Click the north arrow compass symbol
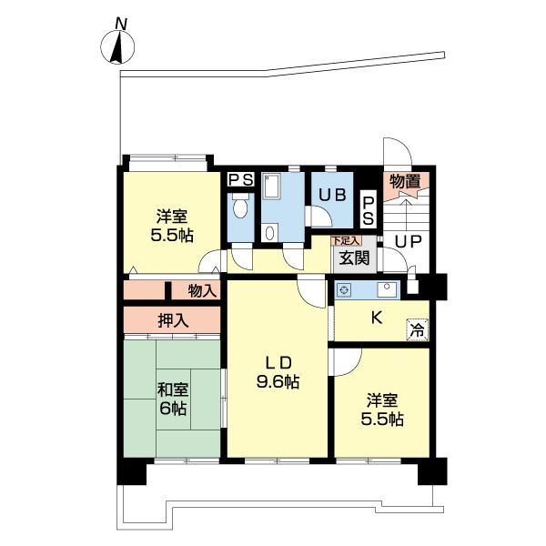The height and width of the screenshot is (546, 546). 117,47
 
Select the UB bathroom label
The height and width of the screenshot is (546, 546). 332,195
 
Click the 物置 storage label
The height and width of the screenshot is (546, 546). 405,182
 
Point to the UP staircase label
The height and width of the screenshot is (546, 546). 409,241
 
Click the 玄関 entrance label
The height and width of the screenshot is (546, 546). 354,258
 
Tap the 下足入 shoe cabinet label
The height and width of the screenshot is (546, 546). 346,240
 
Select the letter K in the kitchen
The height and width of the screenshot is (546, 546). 376,318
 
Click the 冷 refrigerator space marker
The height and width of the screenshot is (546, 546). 418,330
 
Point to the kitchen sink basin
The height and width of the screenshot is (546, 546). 388,289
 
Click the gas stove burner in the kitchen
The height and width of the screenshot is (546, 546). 344,289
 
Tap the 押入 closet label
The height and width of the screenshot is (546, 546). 173,320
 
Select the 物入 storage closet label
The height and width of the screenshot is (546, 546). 202,290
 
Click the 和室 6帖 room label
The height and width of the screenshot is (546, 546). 173,399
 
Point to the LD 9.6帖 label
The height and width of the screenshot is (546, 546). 278,372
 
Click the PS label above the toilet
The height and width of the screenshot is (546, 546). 240,180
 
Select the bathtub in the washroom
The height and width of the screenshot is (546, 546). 272,187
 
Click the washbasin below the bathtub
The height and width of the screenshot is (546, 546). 270,233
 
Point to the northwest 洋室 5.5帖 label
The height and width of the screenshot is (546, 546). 172,226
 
